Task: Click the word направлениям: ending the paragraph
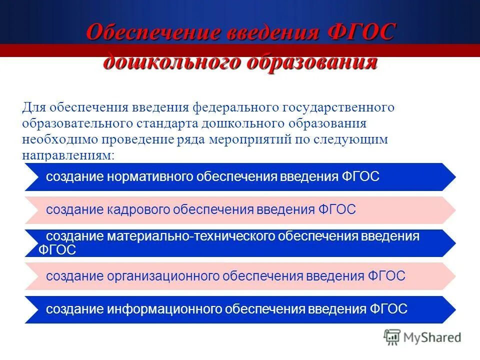point(68,155)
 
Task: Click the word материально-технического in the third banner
point(187,236)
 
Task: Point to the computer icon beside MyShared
point(392,337)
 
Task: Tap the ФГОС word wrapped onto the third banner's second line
point(57,250)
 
